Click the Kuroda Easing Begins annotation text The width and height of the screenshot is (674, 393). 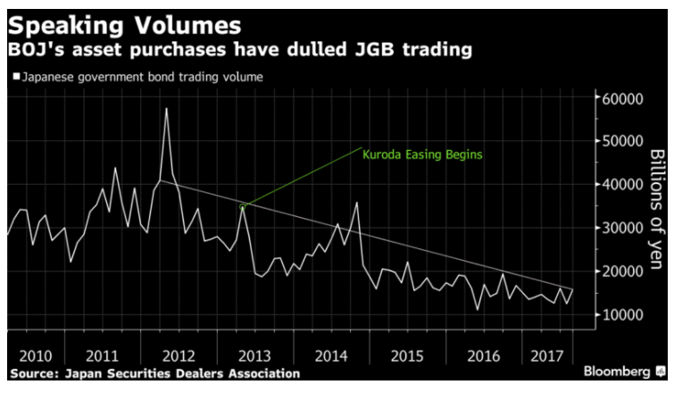(422, 155)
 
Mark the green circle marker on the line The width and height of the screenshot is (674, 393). (243, 206)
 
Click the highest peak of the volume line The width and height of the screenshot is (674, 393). (166, 109)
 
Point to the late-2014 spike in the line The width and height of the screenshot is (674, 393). (357, 203)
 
